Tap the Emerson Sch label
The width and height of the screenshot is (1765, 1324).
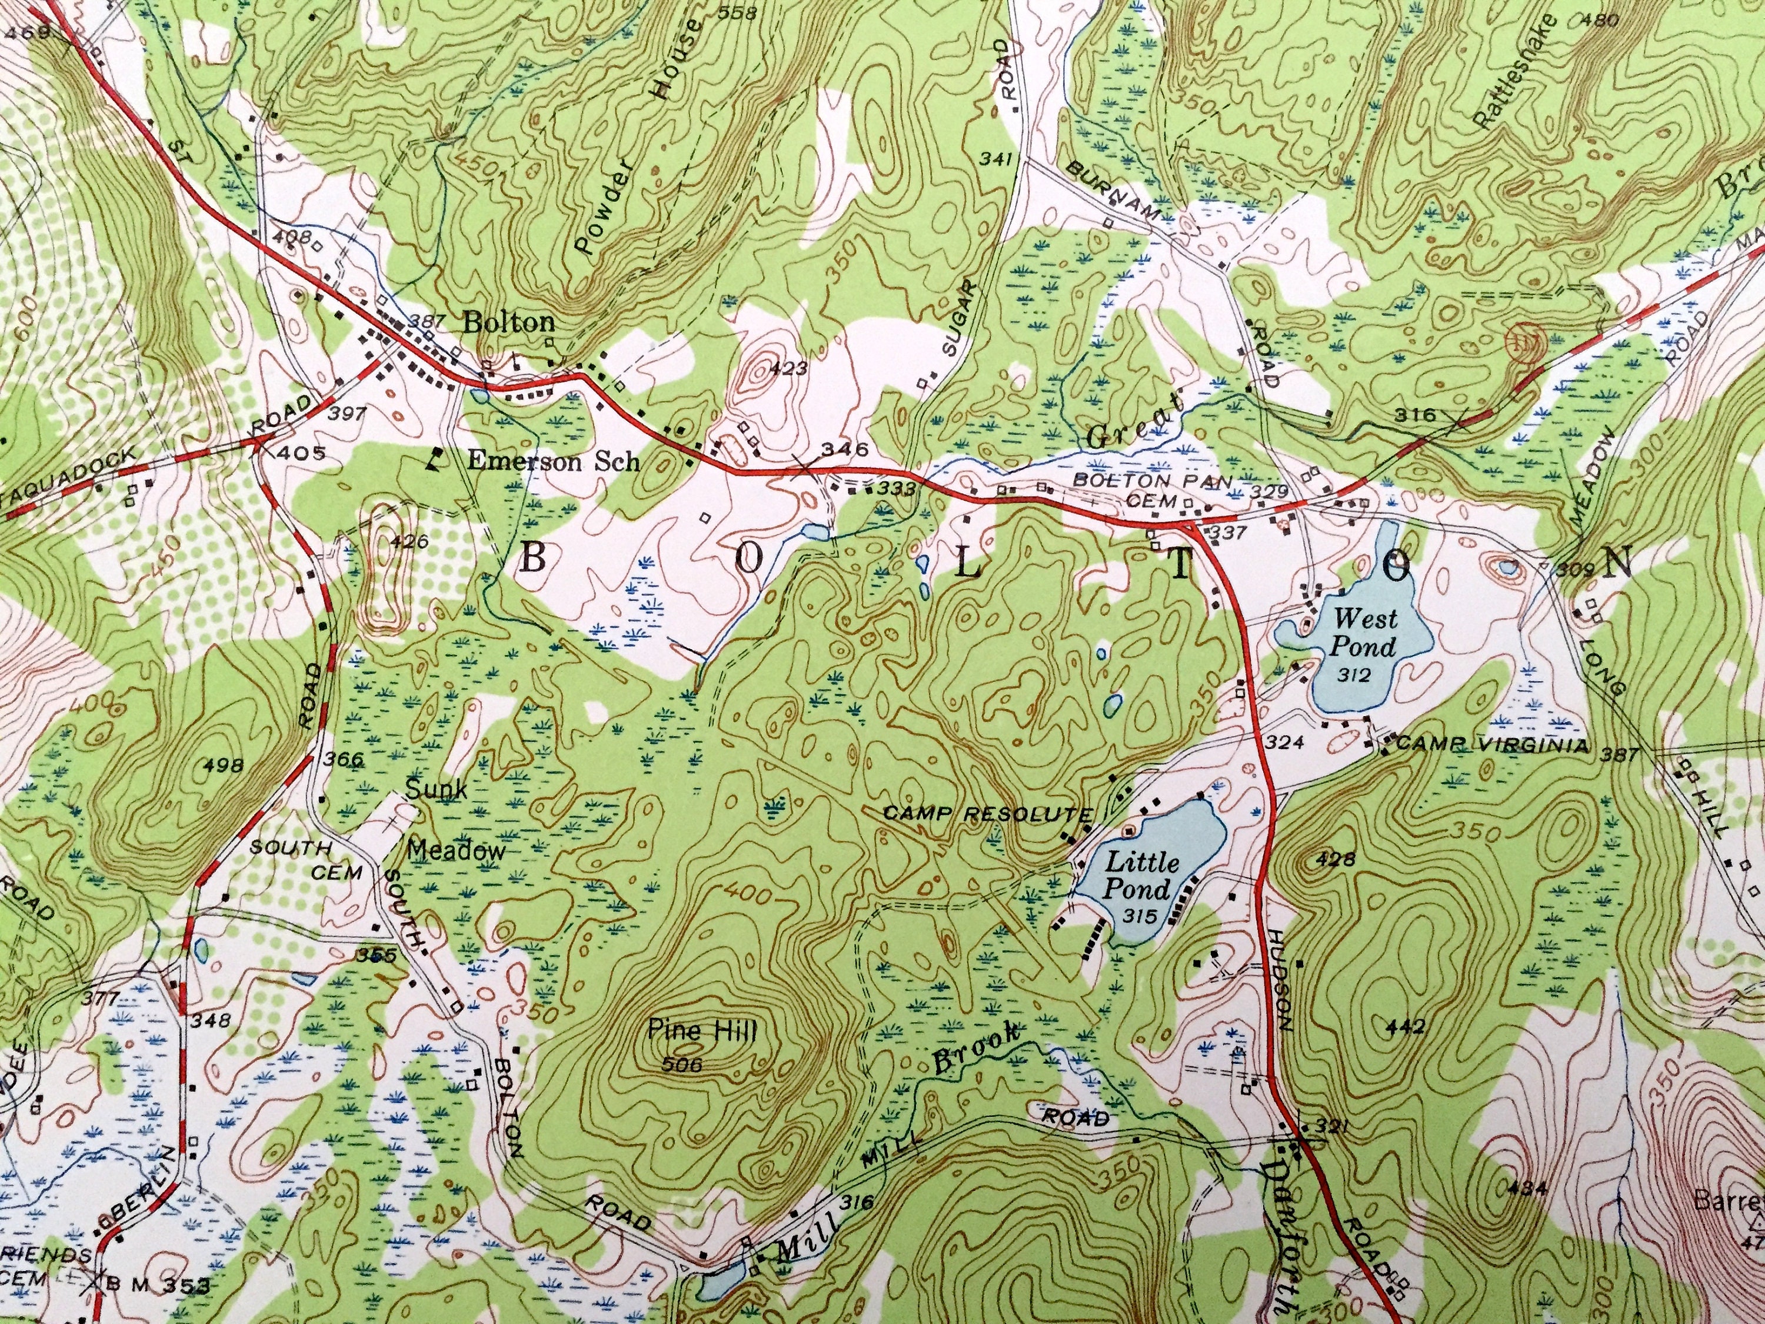pos(552,461)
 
